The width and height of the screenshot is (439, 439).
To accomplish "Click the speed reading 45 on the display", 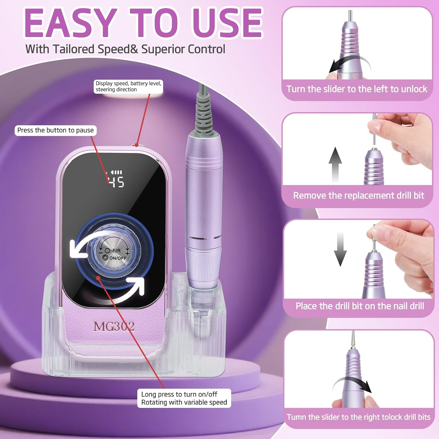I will [117, 182].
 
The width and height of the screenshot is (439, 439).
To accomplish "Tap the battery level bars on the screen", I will [116, 173].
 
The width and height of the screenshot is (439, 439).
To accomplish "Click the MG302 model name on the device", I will [114, 326].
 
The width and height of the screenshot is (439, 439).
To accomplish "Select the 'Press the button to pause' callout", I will [56, 130].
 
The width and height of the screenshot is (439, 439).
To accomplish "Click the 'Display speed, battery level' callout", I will [128, 86].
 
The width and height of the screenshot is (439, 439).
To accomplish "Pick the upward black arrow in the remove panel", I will [335, 164].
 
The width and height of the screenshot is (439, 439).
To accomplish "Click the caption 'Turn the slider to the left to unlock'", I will [357, 89].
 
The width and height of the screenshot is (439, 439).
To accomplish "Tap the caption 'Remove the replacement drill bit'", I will [359, 196].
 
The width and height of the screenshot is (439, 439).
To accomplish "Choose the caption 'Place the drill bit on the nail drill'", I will [360, 306].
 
